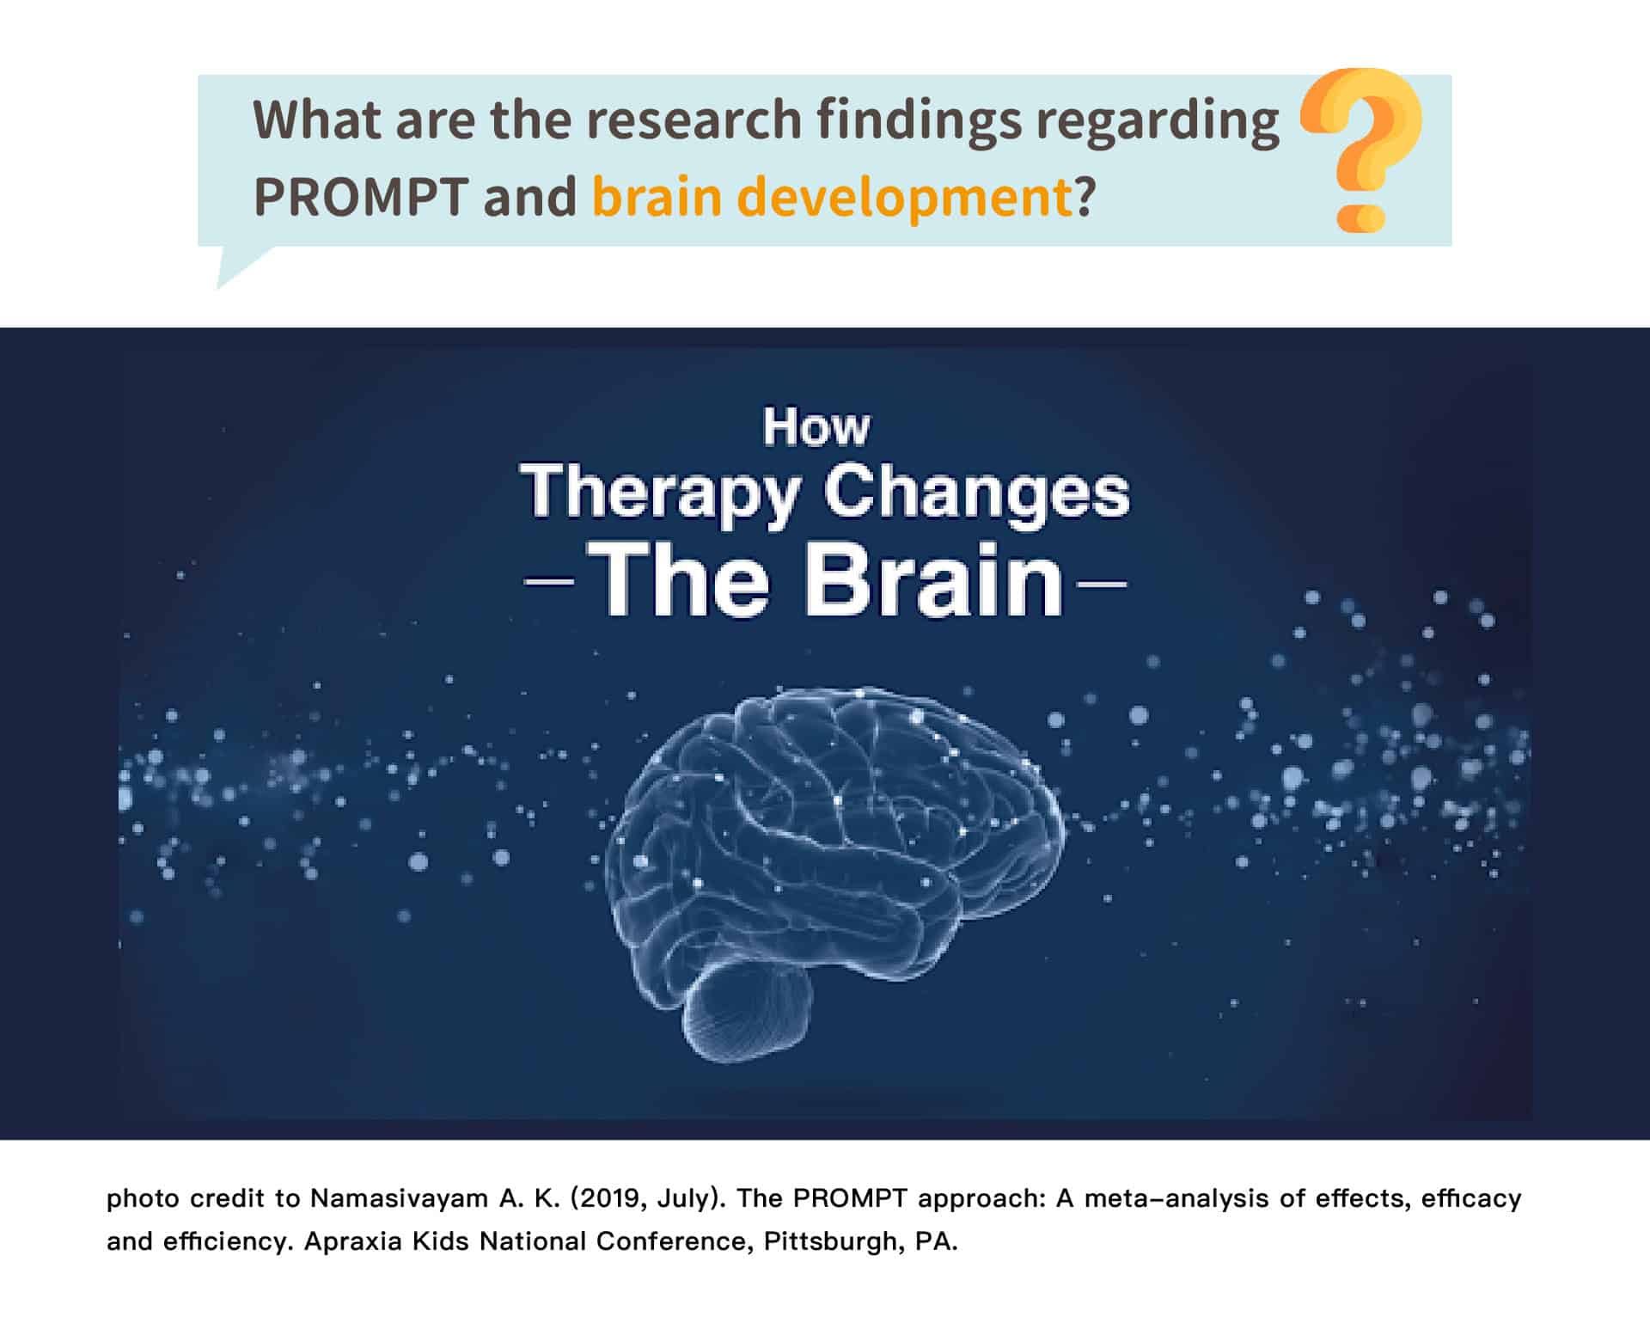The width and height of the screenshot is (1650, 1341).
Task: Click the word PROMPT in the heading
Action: coord(361,197)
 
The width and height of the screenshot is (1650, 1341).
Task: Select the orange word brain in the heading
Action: coord(657,197)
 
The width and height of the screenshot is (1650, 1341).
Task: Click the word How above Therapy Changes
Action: coord(816,427)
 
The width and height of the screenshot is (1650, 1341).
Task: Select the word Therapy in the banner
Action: coord(659,493)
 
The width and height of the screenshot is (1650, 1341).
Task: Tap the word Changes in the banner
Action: coord(976,493)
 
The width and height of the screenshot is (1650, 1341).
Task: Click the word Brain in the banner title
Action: coord(934,579)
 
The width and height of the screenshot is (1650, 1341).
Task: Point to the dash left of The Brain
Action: coord(548,582)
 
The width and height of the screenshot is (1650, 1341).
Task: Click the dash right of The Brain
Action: coord(1101,584)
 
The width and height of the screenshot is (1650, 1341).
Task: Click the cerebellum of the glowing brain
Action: coord(746,1012)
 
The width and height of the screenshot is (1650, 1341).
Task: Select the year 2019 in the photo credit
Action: coord(613,1198)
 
